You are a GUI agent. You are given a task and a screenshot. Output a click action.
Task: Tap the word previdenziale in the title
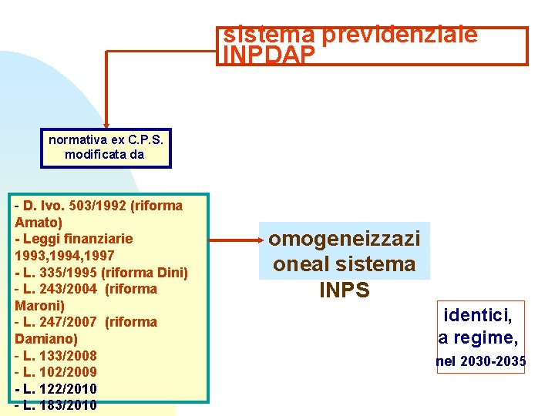tap(400, 35)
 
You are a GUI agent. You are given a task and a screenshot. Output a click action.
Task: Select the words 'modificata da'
tap(105, 154)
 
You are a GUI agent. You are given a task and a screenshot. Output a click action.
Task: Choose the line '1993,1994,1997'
tap(65, 255)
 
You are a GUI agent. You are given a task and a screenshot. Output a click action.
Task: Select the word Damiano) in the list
tap(45, 338)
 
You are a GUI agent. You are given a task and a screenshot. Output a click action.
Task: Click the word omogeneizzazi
tap(344, 238)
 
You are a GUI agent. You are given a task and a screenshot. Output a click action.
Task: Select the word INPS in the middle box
tap(344, 290)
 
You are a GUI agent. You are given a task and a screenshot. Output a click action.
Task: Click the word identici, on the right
tap(478, 314)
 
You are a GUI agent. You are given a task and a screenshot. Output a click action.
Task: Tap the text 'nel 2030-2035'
tap(480, 361)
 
